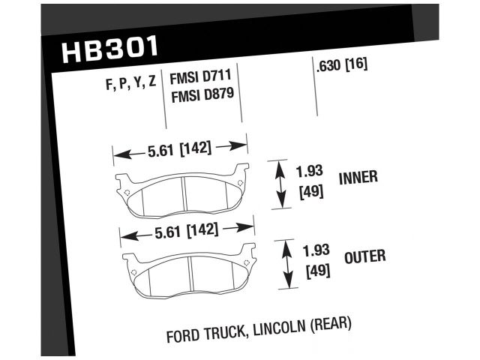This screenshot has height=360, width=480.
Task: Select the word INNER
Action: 358,178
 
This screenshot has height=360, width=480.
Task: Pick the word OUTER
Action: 364,257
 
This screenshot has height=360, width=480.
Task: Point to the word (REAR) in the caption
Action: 328,325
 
